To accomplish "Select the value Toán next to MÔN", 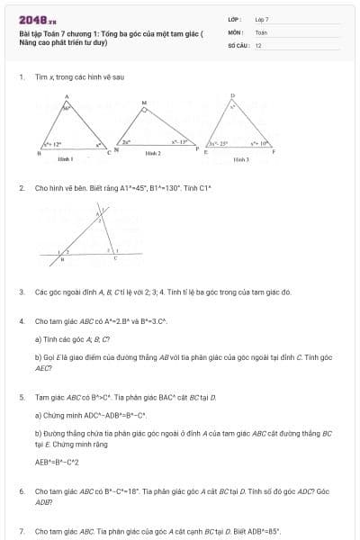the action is pos(261,31).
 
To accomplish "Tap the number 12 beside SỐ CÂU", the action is pos(258,44).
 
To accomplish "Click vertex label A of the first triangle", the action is pos(67,95).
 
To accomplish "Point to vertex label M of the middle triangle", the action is pos(144,103).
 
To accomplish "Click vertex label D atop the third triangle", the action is pos(232,94).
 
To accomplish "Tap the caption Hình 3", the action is pos(241,158).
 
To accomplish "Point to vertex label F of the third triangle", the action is pos(275,152).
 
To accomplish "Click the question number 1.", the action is pos(21,77).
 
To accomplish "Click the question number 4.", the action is pos(21,320).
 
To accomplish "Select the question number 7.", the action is pos(21,531).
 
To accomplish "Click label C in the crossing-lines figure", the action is pos(114,256).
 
